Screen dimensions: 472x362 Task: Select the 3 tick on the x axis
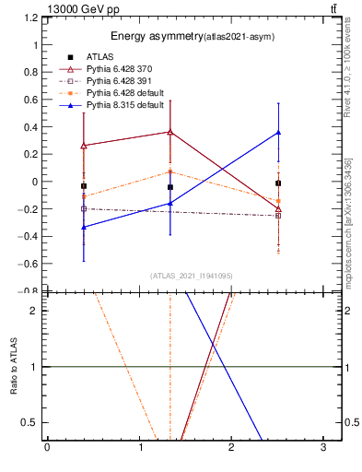pos(323,448)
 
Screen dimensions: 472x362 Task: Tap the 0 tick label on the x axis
pos(47,448)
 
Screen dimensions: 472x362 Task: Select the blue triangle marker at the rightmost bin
pos(277,133)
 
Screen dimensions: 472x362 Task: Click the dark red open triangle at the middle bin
pos(169,132)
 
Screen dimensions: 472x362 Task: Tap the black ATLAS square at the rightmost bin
pos(277,183)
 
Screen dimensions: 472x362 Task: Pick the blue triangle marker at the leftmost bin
pos(84,227)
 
